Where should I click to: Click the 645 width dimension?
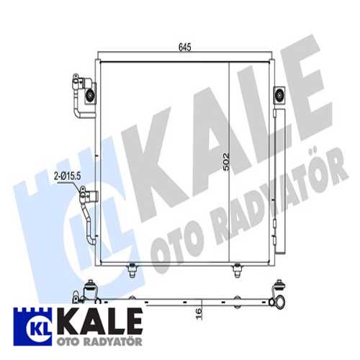click(185, 48)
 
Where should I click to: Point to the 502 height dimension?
click(226, 162)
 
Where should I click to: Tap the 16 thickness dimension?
click(199, 314)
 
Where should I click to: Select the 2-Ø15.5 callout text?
click(67, 176)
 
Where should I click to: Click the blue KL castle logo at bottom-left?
click(32, 326)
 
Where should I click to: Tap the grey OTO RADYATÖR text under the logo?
click(99, 342)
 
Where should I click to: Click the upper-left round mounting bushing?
click(91, 95)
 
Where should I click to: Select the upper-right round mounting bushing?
click(279, 94)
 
